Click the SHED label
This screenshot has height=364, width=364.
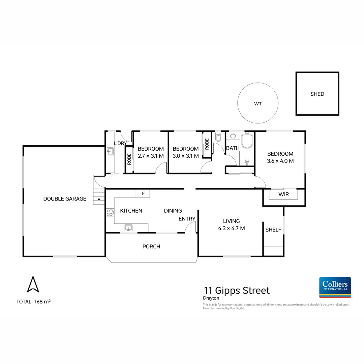[x=317, y=94]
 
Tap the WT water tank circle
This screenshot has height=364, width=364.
[x=258, y=104]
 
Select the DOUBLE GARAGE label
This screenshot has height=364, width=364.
[x=65, y=199]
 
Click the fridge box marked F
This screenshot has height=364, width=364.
[x=143, y=194]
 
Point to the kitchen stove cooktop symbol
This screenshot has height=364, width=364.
[x=110, y=212]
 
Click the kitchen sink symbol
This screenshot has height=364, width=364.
[x=128, y=228]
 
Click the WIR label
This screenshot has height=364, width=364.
[x=283, y=194]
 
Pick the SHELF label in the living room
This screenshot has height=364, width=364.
[x=273, y=230]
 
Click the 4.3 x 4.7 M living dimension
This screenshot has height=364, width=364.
[x=231, y=228]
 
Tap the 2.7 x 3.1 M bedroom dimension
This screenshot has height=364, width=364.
[x=151, y=156]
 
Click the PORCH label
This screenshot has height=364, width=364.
[x=151, y=246]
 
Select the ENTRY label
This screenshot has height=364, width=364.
[x=187, y=219]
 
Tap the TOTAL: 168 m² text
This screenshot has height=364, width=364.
[x=33, y=302]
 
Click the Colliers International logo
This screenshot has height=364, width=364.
[x=335, y=287]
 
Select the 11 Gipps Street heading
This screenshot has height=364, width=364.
[x=237, y=290]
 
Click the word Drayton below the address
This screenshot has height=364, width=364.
[x=211, y=298]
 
